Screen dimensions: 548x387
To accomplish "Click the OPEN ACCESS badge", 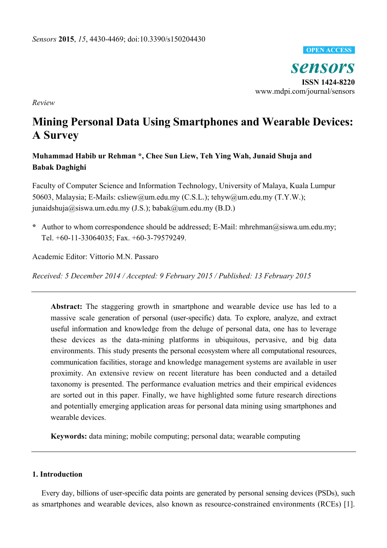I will point(329,50).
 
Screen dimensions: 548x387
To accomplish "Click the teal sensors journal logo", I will point(322,67).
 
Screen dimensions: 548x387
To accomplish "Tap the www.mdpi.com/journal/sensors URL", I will point(305,91).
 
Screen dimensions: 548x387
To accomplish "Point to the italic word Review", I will point(43,103).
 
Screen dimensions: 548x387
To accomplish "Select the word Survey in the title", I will point(61,135).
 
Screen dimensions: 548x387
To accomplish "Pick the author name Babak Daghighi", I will point(59,167).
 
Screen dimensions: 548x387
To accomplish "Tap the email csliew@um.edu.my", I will point(148,197).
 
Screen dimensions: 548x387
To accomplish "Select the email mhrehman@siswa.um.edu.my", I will point(287,227).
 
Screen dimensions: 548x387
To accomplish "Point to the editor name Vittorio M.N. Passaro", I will point(124,257).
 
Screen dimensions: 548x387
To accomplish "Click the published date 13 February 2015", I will point(282,276).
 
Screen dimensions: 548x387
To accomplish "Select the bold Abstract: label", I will point(66,307).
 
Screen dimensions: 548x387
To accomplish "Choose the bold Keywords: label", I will point(69,436).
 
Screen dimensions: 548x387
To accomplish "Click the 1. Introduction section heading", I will point(57,474).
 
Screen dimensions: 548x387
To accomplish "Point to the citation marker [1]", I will point(349,504).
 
